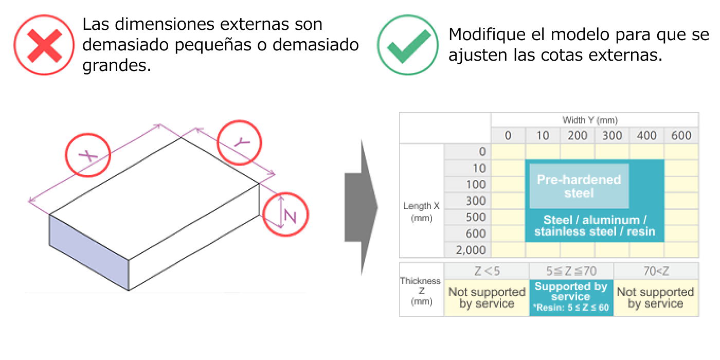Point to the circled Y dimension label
(x=239, y=142)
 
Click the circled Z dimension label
(x=285, y=216)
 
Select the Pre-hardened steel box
(x=579, y=186)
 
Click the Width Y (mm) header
(x=590, y=120)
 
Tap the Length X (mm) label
(x=421, y=211)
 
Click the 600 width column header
(x=681, y=136)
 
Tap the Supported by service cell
(x=571, y=297)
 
